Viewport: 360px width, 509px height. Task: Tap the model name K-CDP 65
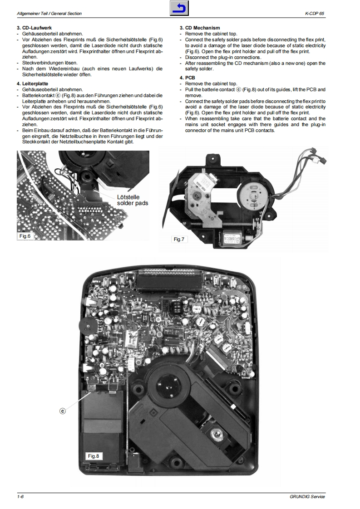pos(315,14)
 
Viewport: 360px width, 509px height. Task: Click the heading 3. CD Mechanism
pos(200,28)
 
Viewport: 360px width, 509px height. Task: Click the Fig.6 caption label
pos(25,236)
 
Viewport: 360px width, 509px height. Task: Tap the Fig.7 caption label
pos(179,239)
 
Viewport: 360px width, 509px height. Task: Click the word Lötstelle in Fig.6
pos(128,197)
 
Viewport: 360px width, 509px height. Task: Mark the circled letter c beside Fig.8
pos(63,411)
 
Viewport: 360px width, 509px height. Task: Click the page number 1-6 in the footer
pos(20,497)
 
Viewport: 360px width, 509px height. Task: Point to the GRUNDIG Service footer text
pos(307,497)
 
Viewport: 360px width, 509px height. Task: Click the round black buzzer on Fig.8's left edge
pos(85,325)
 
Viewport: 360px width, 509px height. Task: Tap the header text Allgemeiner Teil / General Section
pos(49,14)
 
